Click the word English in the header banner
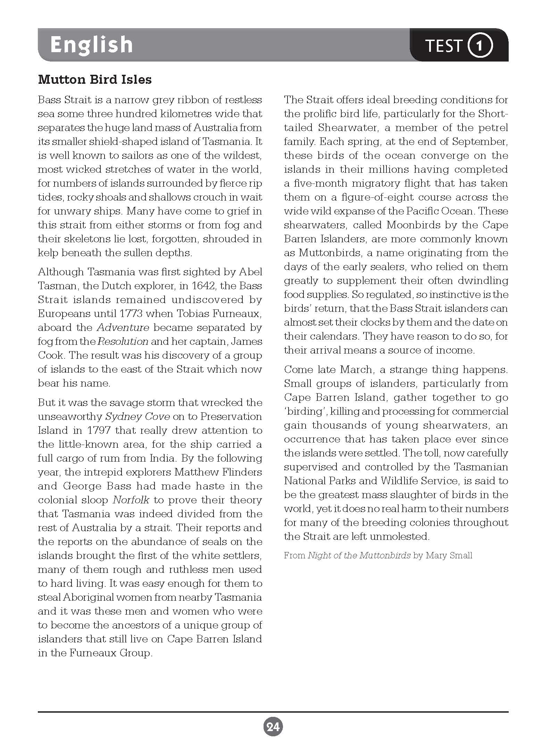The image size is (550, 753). coord(91,45)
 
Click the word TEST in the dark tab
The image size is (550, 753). coord(444,46)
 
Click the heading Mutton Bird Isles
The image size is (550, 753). coord(95,80)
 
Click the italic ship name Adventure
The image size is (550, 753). coord(123,327)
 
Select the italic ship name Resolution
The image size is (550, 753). coord(123,341)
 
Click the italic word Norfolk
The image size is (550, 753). coord(131,500)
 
